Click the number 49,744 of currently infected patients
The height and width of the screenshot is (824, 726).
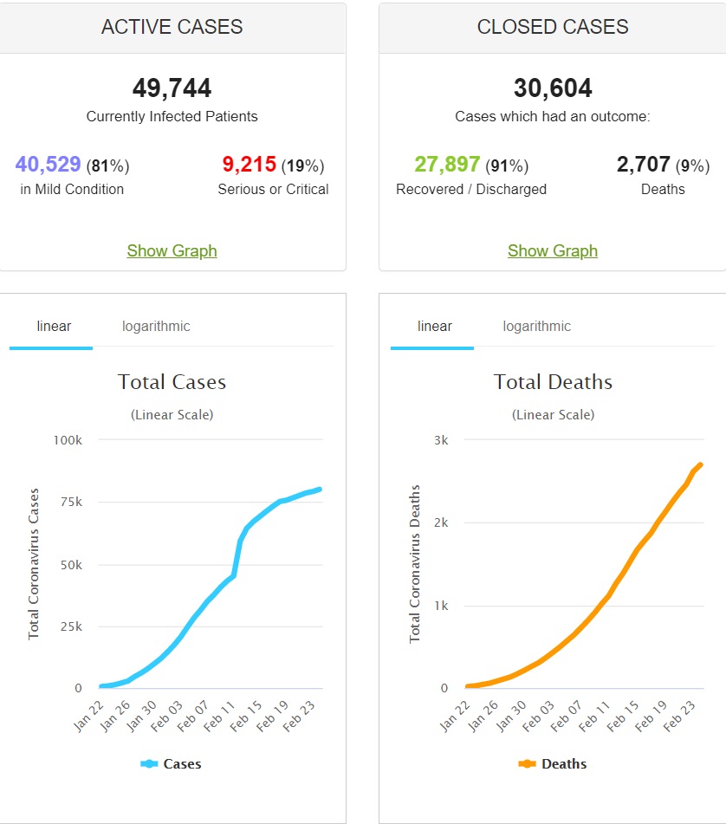pyautogui.click(x=172, y=88)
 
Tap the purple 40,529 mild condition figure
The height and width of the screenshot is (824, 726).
pyautogui.click(x=49, y=164)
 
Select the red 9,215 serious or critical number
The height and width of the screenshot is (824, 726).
pyautogui.click(x=249, y=164)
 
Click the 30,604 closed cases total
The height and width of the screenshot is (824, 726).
pyautogui.click(x=553, y=88)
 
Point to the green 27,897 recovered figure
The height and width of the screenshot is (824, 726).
pyautogui.click(x=447, y=165)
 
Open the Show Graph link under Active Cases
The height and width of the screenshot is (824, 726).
pyautogui.click(x=172, y=250)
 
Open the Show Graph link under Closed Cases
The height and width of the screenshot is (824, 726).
pyautogui.click(x=553, y=250)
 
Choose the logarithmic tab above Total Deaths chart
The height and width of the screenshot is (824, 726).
pyautogui.click(x=536, y=327)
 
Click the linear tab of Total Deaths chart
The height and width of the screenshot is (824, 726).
pyautogui.click(x=434, y=327)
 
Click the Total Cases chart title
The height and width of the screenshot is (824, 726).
pyautogui.click(x=172, y=382)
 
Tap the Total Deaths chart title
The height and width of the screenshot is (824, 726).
pyautogui.click(x=553, y=382)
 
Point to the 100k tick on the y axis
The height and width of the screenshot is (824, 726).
pyautogui.click(x=67, y=440)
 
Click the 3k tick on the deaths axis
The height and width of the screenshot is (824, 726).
pyautogui.click(x=440, y=440)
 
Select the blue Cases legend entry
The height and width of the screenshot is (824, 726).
pyautogui.click(x=172, y=764)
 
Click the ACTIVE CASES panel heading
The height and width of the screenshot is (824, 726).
pyautogui.click(x=172, y=27)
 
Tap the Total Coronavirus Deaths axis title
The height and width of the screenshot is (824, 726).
pyautogui.click(x=415, y=563)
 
